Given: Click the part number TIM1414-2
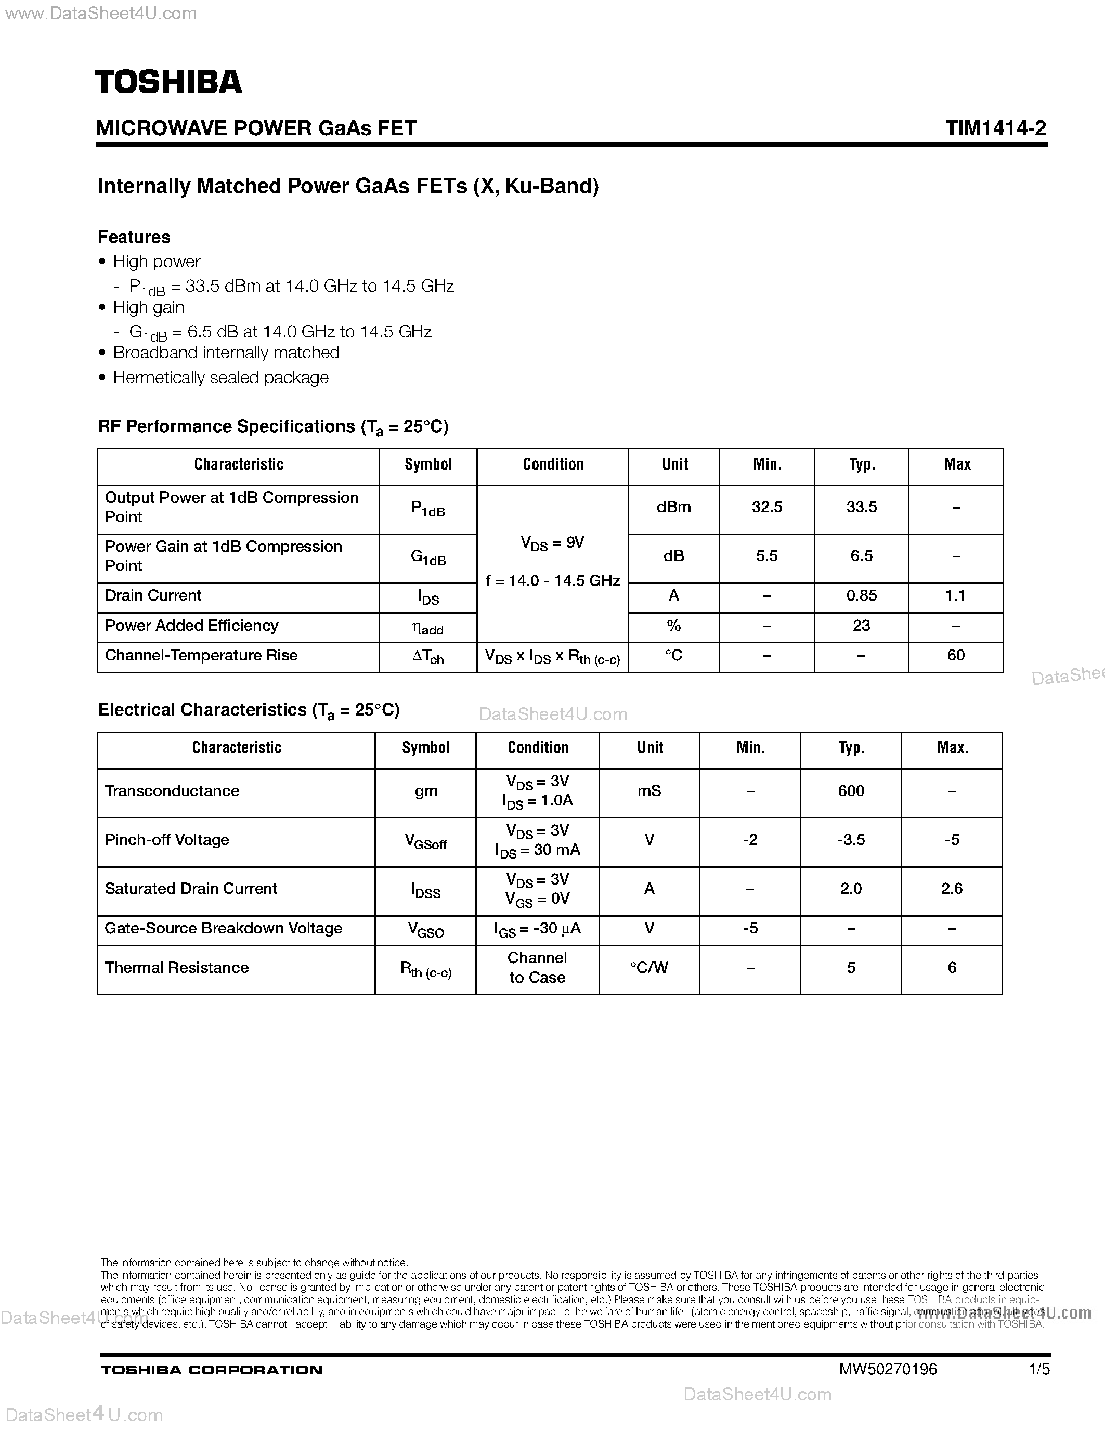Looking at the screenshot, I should (x=995, y=128).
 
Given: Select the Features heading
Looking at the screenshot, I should (x=134, y=237).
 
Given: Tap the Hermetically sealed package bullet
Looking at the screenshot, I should (x=220, y=378).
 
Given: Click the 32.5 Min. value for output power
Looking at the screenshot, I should (x=766, y=508).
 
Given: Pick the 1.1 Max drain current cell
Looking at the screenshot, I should (x=956, y=596).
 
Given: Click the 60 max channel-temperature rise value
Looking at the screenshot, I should (x=956, y=655).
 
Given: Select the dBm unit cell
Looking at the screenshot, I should (x=673, y=508).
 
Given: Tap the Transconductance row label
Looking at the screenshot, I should (x=172, y=791).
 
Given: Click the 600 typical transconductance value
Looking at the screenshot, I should (x=851, y=791).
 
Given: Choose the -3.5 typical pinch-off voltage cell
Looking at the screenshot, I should (x=851, y=840).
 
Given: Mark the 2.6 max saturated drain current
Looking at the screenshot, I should (x=952, y=889).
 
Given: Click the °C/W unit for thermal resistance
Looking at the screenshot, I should (x=649, y=968).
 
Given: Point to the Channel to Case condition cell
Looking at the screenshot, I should (x=537, y=968).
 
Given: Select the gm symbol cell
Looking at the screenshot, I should (x=425, y=791).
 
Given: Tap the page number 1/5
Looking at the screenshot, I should (x=1039, y=1369).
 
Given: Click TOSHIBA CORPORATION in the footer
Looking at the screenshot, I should (x=212, y=1370).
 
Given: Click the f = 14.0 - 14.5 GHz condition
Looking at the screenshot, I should (x=552, y=581).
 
